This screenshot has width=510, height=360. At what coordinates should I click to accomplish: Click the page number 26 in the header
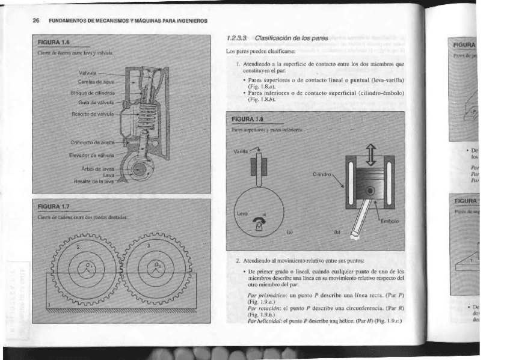[x=36, y=20]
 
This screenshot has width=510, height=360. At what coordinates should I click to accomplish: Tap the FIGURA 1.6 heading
[x=54, y=43]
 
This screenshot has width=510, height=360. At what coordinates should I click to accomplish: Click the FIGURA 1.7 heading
[x=54, y=207]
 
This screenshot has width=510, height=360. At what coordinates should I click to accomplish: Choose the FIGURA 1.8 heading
[x=248, y=120]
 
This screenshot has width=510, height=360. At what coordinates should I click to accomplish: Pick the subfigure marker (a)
[x=289, y=230]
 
